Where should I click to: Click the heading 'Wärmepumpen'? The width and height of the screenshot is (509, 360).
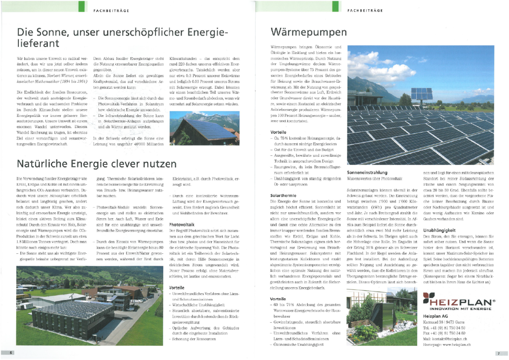(x=309, y=31)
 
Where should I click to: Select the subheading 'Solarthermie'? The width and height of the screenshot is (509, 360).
(x=282, y=195)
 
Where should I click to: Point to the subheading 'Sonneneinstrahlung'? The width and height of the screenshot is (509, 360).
(x=367, y=172)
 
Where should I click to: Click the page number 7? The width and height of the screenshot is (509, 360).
(x=498, y=353)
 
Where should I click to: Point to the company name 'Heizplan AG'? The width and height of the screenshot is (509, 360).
(x=435, y=316)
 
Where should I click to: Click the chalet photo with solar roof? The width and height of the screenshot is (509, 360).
(x=204, y=128)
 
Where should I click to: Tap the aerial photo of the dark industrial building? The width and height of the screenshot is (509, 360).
(x=90, y=306)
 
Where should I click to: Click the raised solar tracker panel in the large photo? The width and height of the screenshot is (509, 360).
(x=421, y=93)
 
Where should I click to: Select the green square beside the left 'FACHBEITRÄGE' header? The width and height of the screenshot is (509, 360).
(x=81, y=6)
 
